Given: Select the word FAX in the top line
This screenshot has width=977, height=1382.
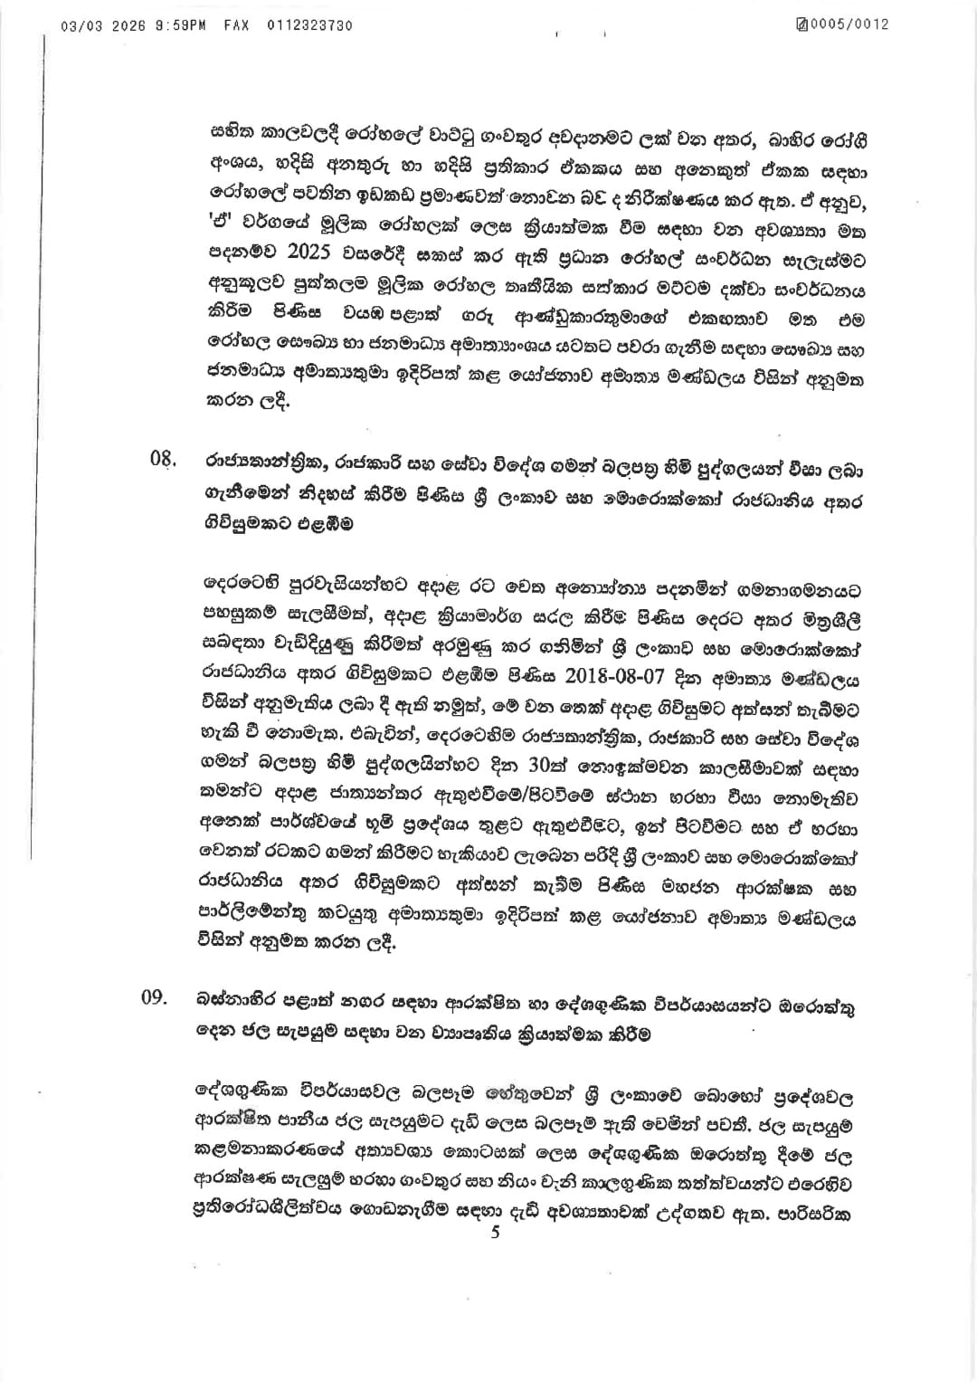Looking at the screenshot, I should coord(237,25).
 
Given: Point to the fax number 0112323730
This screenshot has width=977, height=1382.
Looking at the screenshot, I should coord(310,25).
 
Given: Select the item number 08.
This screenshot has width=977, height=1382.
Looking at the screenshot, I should coord(162,459).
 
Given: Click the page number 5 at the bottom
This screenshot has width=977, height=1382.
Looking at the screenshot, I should coord(494,1232).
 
